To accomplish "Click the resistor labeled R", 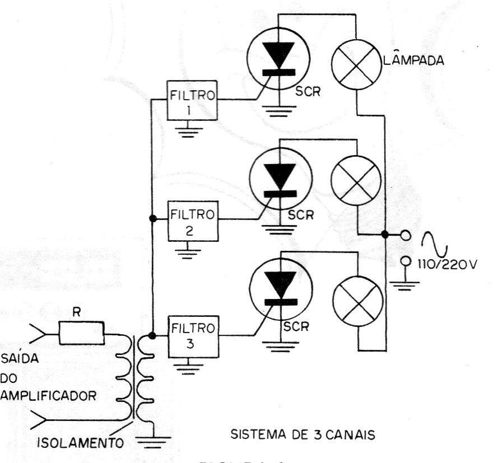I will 81,334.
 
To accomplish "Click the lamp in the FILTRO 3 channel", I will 358,298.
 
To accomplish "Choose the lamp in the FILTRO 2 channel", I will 357,183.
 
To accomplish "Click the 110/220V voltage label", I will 445,264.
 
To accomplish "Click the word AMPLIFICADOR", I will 49,395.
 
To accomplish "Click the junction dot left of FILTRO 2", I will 151,218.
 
